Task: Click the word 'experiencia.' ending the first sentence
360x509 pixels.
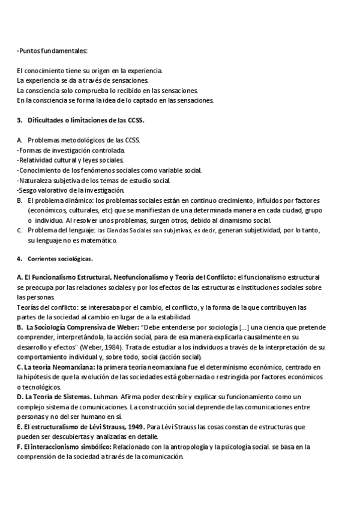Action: coord(145,71)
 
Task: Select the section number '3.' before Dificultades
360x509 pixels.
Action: coord(20,120)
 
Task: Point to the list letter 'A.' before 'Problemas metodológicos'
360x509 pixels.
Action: coord(20,140)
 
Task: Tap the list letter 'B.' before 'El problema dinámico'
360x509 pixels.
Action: coord(20,200)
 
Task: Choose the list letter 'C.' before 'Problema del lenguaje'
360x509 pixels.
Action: coord(20,230)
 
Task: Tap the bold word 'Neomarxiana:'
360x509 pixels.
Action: coord(75,367)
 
